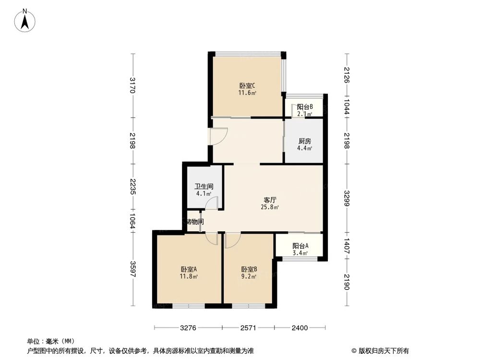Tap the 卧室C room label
click(247, 86)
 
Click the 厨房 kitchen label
click(305, 141)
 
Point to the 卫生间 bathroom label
click(204, 187)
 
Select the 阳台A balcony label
click(300, 246)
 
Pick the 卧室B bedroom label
click(249, 269)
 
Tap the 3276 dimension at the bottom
click(188, 328)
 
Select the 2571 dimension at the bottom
click(248, 328)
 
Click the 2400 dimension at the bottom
click(299, 328)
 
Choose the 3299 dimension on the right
click(347, 198)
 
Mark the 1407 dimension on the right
click(347, 247)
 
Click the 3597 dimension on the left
click(133, 269)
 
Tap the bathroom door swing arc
click(212, 203)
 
